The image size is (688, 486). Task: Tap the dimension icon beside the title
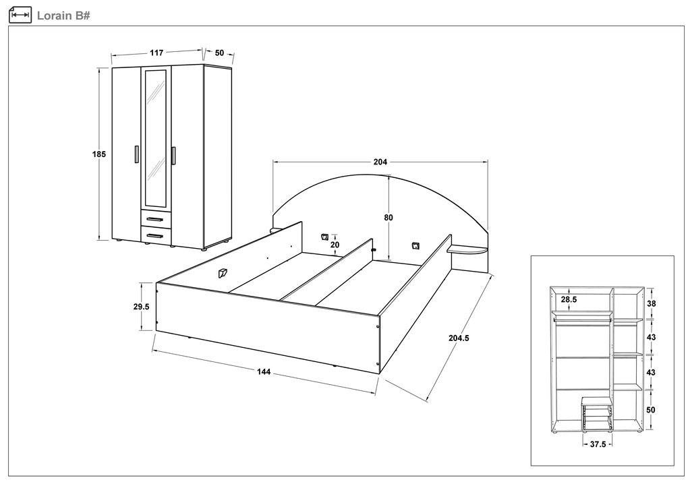click(x=20, y=14)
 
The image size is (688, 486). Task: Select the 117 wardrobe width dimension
click(x=156, y=52)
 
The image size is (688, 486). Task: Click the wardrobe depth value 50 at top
click(x=219, y=53)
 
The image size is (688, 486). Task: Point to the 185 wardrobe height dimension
click(x=99, y=154)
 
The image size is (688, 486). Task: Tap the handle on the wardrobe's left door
click(x=136, y=154)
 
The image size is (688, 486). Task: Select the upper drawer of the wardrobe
click(x=156, y=218)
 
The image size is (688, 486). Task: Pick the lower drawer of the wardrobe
click(x=156, y=235)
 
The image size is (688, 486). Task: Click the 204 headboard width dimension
click(x=380, y=162)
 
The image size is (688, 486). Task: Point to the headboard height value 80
click(x=389, y=217)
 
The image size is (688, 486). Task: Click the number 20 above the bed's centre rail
click(x=335, y=245)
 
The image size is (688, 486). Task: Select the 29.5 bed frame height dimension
click(x=141, y=306)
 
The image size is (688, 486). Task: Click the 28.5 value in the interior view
click(x=569, y=299)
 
